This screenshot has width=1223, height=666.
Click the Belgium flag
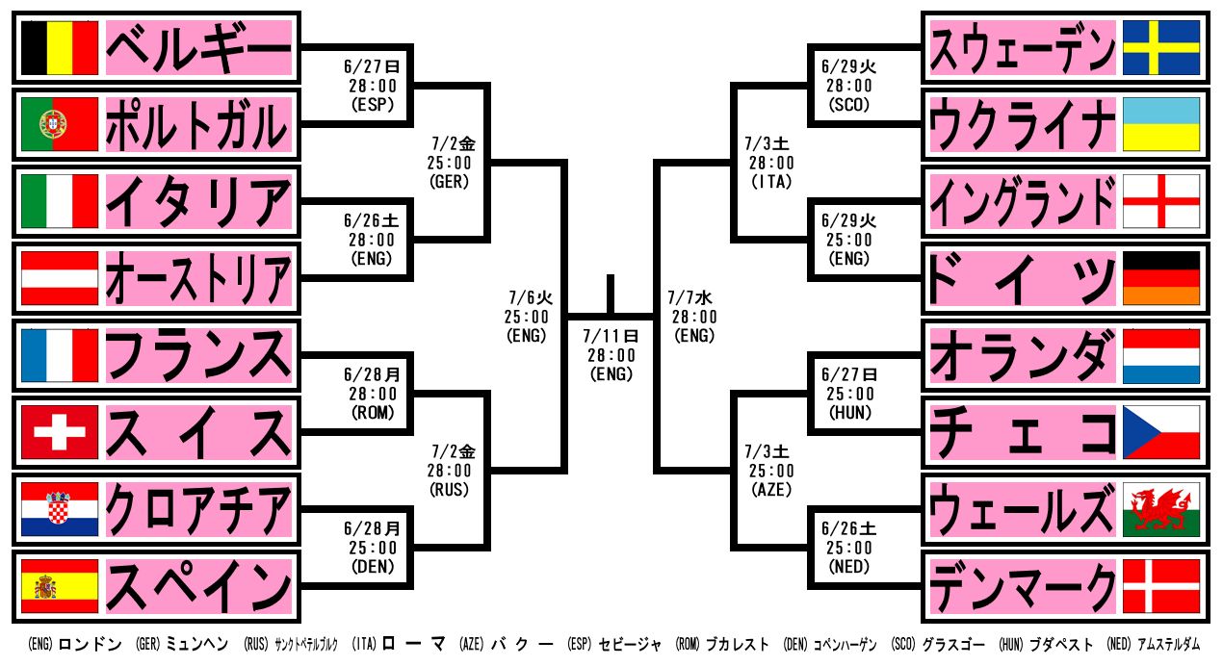pyautogui.click(x=60, y=47)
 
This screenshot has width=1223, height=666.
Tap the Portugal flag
pyautogui.click(x=60, y=124)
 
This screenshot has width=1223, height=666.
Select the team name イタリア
pyautogui.click(x=198, y=201)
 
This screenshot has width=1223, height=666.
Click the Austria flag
pyautogui.click(x=60, y=278)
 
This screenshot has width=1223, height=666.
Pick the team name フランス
pyautogui.click(x=198, y=355)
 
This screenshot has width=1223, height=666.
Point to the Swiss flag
pyautogui.click(x=60, y=432)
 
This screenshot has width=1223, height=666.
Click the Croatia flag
pyautogui.click(x=60, y=509)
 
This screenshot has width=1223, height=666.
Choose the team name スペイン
pyautogui.click(x=198, y=586)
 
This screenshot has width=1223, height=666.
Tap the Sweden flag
pyautogui.click(x=1161, y=47)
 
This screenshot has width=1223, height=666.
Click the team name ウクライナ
pyautogui.click(x=1023, y=124)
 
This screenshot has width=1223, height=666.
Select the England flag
pyautogui.click(x=1161, y=201)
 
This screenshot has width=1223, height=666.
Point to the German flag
pyautogui.click(x=1161, y=278)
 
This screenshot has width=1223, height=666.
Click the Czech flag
pyautogui.click(x=1161, y=432)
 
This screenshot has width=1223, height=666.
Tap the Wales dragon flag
pyautogui.click(x=1161, y=509)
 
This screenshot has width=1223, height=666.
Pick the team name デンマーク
pyautogui.click(x=1023, y=586)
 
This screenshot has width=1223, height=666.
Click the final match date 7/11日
pyautogui.click(x=611, y=336)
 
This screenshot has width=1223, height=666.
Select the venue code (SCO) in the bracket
pyautogui.click(x=847, y=105)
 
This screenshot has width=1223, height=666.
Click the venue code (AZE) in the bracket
pyautogui.click(x=768, y=490)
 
